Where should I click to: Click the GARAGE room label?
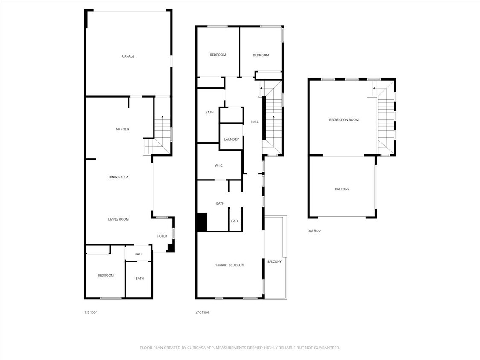click(x=128, y=56)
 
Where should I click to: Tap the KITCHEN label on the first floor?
click(x=122, y=129)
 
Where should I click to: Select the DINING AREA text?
click(x=118, y=177)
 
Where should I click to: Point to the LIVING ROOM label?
click(x=118, y=219)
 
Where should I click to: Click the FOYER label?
click(x=162, y=236)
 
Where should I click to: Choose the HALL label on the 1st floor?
click(x=138, y=254)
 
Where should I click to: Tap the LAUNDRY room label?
click(x=231, y=139)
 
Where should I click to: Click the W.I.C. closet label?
click(x=219, y=165)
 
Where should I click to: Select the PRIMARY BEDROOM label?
click(x=229, y=265)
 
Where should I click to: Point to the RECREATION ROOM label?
click(x=343, y=120)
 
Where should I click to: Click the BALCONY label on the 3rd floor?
click(x=342, y=189)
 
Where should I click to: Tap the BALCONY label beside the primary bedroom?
click(x=274, y=261)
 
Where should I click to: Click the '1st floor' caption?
click(x=90, y=312)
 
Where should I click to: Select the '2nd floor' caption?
click(x=202, y=312)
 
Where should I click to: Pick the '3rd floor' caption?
click(x=314, y=231)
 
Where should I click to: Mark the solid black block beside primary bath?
click(x=201, y=222)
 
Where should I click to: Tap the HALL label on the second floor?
click(x=254, y=122)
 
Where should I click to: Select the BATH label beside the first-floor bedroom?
click(x=140, y=279)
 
